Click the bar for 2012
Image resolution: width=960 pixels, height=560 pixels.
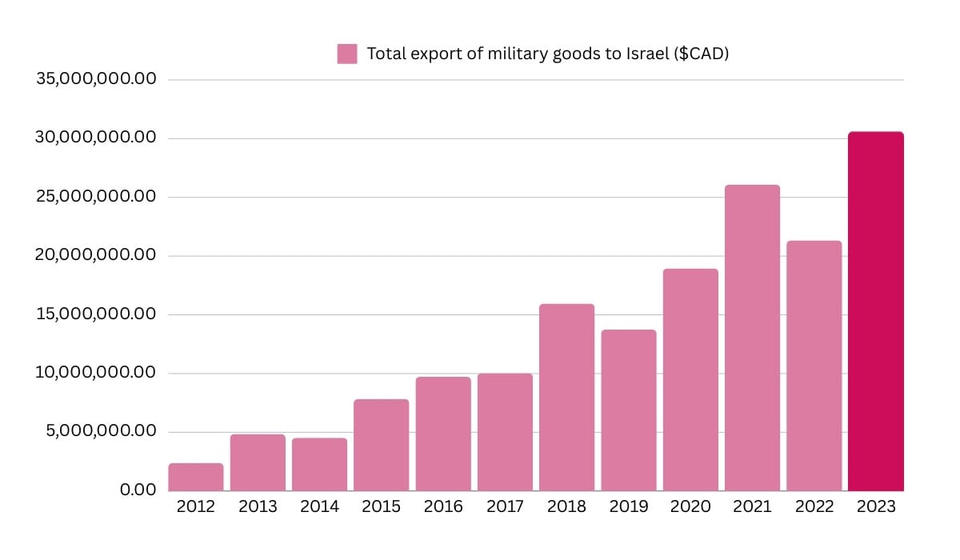pos(196,477)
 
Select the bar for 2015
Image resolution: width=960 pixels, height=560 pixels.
pos(381,445)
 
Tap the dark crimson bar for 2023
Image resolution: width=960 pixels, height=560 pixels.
pos(875,311)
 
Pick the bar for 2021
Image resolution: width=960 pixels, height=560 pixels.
pos(752,338)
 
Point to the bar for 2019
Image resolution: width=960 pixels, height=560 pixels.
pos(629,410)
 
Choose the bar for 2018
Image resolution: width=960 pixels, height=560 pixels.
pos(566,397)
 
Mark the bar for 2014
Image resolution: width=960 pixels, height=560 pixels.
pos(319,464)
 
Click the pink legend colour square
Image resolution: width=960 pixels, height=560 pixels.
pos(347,54)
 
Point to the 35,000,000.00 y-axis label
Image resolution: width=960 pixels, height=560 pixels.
pos(96,80)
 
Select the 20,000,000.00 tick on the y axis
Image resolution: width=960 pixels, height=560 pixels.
pos(96,256)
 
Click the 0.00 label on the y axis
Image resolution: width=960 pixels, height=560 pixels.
pos(138,490)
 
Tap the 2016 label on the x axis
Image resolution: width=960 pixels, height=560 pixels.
pos(443,506)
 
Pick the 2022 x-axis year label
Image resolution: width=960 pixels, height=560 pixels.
pos(814,506)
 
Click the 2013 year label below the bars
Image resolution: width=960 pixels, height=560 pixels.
pos(258,506)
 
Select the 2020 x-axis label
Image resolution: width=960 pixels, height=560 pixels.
pos(690,506)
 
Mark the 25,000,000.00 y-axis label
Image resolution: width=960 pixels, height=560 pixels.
pos(96,197)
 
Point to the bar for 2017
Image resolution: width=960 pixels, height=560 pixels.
pos(505,432)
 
